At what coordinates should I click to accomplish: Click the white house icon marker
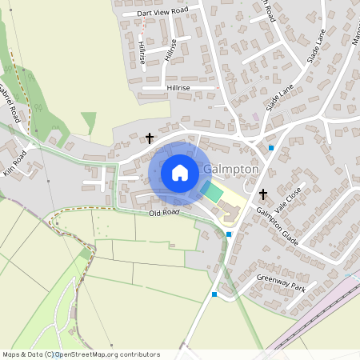(180, 172)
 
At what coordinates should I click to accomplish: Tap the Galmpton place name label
(231, 170)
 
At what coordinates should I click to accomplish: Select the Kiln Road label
(14, 161)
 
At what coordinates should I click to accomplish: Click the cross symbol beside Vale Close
(263, 194)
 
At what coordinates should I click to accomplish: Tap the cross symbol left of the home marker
(149, 138)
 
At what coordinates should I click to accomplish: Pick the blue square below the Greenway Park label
(214, 294)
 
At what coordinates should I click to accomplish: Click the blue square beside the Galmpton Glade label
(230, 234)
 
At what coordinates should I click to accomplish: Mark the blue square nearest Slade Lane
(271, 147)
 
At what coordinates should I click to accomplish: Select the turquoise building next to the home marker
(211, 191)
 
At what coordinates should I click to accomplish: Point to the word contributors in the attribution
(138, 354)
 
